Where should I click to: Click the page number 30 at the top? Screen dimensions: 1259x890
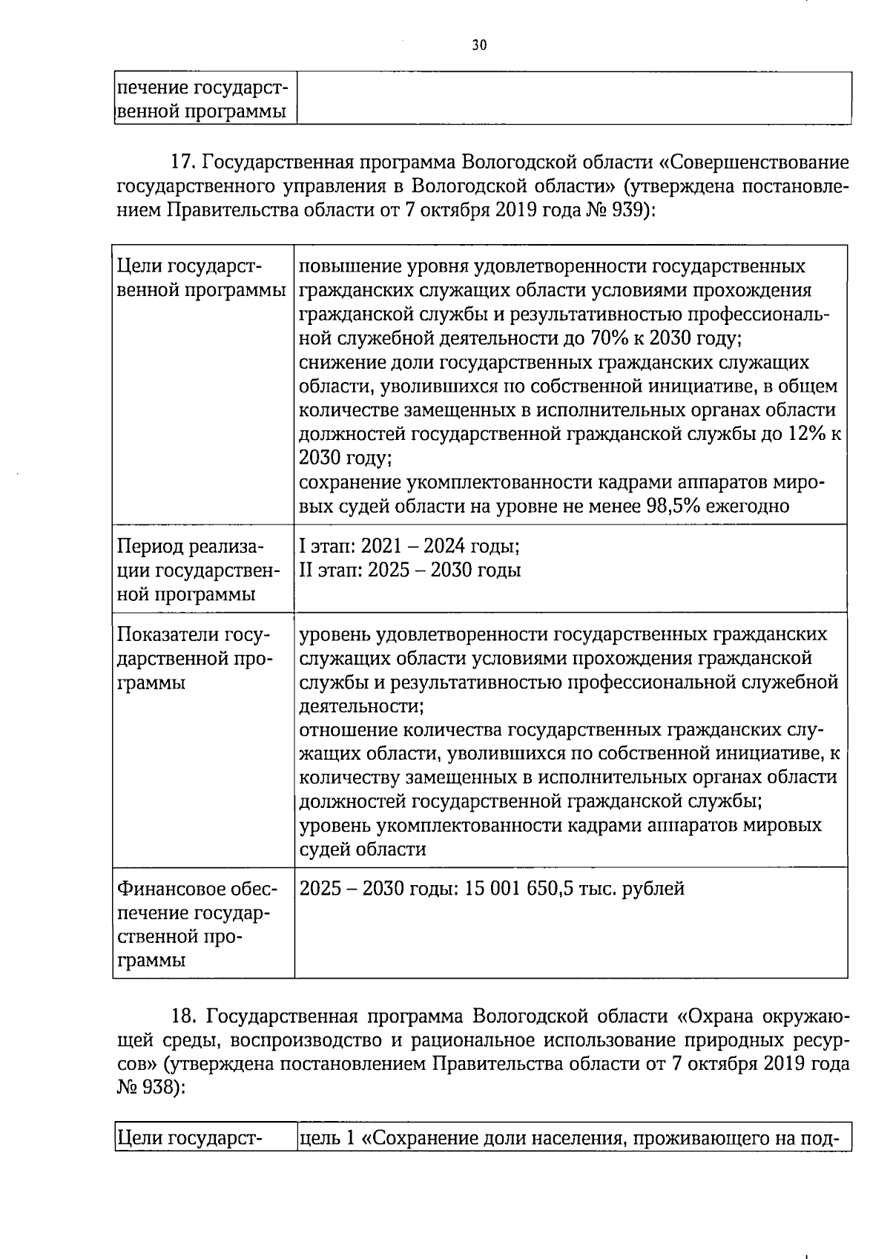tap(479, 45)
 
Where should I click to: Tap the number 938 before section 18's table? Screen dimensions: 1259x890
tap(154, 1087)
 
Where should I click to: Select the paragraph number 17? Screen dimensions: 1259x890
tap(182, 162)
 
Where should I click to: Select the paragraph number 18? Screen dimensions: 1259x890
tap(183, 1016)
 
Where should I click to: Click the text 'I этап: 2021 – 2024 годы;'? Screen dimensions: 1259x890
tap(409, 547)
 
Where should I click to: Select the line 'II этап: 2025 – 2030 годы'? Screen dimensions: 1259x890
tap(409, 571)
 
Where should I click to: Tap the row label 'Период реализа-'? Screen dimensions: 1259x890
tap(190, 547)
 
